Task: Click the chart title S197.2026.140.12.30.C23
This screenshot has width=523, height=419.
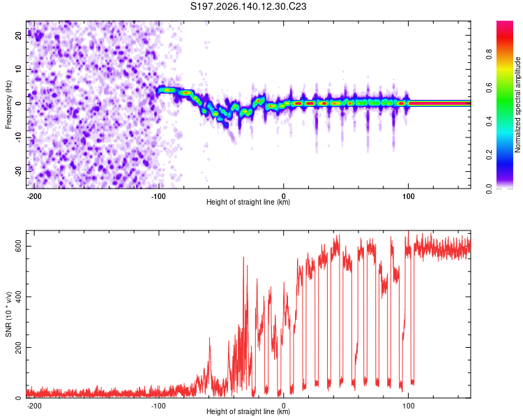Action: pos(248,6)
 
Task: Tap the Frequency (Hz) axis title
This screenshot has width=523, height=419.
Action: pos(8,105)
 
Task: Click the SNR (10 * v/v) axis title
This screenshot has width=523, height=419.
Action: pos(8,314)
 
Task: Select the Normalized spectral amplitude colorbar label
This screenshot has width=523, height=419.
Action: pos(517,105)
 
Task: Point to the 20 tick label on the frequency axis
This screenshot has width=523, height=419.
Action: pos(19,36)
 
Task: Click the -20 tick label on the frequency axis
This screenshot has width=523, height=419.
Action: pos(19,171)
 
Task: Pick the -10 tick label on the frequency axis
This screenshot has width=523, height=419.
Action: pos(19,138)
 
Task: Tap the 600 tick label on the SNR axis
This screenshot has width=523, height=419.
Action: pos(19,247)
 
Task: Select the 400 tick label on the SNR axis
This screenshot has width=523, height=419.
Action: pos(19,297)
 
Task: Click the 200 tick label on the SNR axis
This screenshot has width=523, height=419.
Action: pos(19,347)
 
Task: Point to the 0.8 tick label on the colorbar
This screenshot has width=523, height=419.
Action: pos(490,54)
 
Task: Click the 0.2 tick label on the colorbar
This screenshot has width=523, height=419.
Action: pos(490,155)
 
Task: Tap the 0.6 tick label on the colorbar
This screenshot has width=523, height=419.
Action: pos(490,88)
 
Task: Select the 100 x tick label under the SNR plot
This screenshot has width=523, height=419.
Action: pos(408,406)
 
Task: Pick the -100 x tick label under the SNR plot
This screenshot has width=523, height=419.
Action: pos(158,406)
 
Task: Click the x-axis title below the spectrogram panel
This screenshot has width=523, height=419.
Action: pos(248,202)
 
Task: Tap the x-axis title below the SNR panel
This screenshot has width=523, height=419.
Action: pos(248,411)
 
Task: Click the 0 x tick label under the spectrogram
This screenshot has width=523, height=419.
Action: pos(284,196)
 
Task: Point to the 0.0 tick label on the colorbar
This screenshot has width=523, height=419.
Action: pos(490,189)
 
